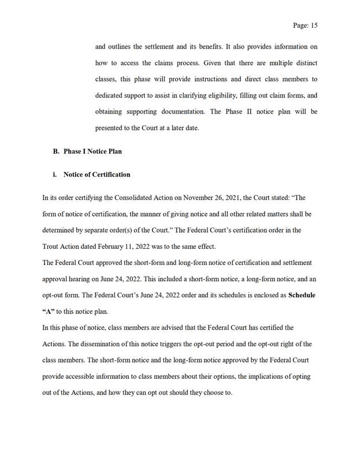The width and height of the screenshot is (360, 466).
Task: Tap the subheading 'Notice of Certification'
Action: pos(97,174)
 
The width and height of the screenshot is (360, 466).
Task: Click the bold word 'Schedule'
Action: pos(302,294)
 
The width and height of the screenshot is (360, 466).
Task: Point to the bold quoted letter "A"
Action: pos(50,311)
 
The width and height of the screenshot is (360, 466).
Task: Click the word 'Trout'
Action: pos(52,246)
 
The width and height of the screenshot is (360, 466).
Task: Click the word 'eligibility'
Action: pos(205,95)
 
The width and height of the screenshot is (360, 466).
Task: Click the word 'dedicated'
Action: pos(112,95)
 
